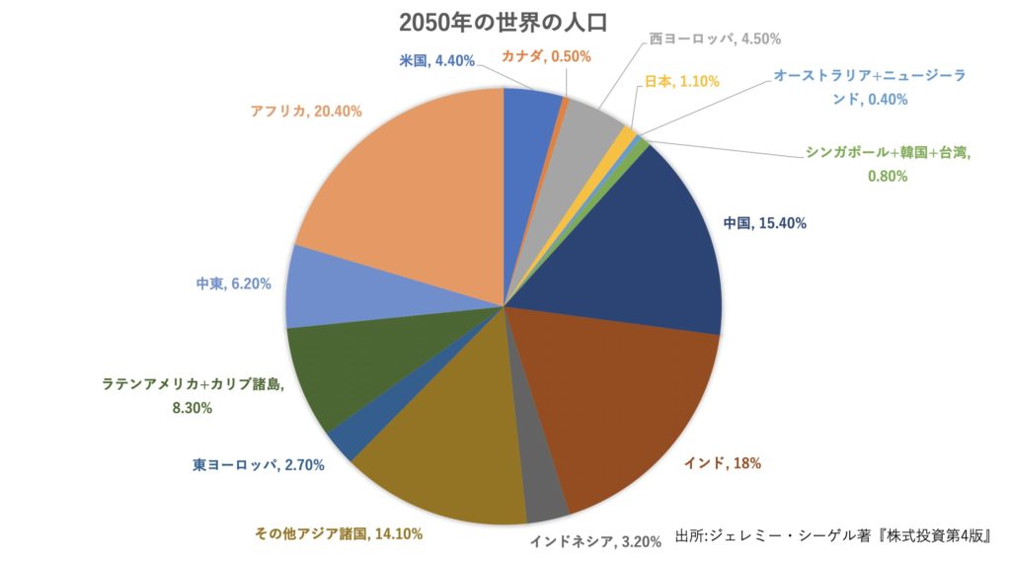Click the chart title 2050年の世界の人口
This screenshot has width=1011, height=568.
click(504, 22)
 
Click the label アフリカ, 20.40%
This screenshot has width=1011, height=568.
click(306, 112)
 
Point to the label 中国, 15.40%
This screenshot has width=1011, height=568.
click(764, 223)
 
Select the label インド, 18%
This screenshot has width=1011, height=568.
click(722, 462)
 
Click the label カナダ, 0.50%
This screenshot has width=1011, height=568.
click(546, 56)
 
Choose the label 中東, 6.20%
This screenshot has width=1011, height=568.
click(233, 284)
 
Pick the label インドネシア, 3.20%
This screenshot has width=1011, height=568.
click(589, 540)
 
